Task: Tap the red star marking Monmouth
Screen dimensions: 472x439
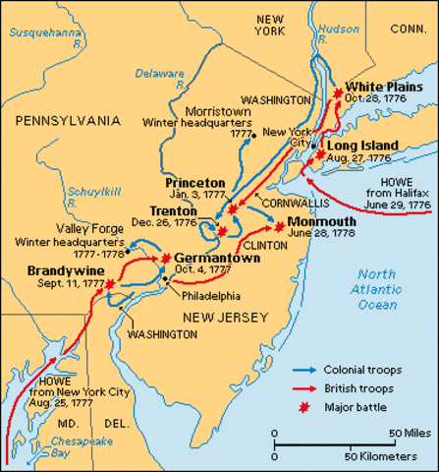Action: [280, 226]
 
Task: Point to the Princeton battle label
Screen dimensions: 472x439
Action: [194, 183]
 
